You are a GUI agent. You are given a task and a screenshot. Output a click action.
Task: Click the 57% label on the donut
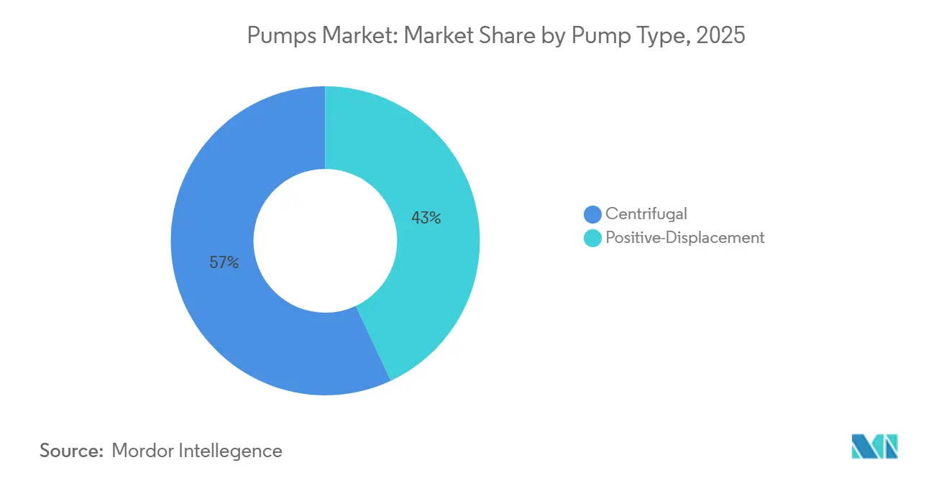pos(224,263)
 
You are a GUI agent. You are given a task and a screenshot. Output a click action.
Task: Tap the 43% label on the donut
pos(426,217)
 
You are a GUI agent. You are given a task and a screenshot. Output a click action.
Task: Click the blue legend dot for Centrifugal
pos(592,213)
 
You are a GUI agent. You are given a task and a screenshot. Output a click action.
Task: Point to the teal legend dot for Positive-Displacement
pos(592,238)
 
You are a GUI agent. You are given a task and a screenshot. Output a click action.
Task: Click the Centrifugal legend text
pos(646,213)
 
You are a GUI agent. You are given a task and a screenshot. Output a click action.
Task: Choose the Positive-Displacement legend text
pos(685,238)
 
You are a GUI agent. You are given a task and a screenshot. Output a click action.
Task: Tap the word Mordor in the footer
pos(142,451)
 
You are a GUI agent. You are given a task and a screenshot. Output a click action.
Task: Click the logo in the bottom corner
pos(874,447)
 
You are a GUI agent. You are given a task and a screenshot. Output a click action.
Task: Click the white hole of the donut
pos(325,241)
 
